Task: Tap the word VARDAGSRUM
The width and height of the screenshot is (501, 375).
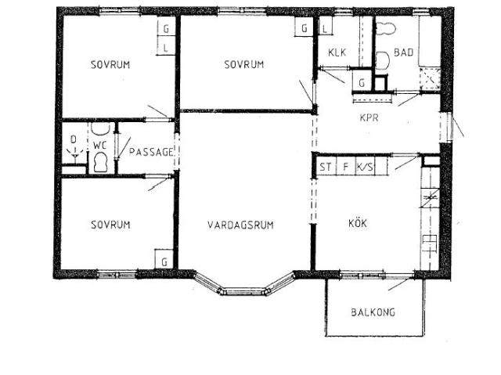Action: pos(240,225)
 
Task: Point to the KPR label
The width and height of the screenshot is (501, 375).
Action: pos(369,119)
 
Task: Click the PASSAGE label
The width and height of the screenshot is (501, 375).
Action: pos(150,151)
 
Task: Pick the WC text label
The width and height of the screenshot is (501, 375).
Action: pos(99,145)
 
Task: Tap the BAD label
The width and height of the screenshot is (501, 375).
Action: pos(404,53)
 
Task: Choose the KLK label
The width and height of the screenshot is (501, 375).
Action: pos(337,53)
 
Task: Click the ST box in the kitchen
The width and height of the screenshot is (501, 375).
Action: pos(325,167)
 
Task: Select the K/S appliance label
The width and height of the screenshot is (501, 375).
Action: pos(365,167)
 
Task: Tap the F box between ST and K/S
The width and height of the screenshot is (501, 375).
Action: pos(344,167)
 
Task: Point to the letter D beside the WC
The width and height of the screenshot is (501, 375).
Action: pos(74,141)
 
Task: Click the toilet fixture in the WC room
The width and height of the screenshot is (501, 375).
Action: pos(99,162)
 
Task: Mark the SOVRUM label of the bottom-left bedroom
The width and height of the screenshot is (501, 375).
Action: pos(110,225)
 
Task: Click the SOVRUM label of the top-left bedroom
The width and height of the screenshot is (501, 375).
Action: pos(110,63)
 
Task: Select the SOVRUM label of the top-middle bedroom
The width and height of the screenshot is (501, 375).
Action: pos(243,63)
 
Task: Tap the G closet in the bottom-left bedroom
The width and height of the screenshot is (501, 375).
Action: pos(165,260)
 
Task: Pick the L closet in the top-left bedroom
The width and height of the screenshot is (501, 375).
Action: pos(166,47)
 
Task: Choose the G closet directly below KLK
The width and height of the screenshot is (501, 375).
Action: pos(362,82)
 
